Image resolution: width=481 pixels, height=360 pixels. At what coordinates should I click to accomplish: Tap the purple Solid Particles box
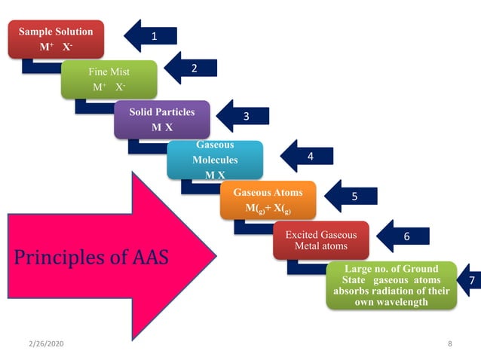pos(162,119)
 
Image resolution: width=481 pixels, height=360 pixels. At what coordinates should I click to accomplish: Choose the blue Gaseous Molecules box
pos(215,160)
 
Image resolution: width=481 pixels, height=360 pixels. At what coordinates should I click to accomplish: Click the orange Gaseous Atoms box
pos(268,200)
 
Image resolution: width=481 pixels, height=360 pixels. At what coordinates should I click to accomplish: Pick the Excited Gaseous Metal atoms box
pos(320,240)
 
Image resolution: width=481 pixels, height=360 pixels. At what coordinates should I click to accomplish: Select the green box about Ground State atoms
pos(391,285)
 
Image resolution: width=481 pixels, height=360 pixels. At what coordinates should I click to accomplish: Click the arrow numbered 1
pos(151,35)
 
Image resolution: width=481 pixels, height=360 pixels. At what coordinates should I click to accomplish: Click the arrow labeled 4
pos(306,157)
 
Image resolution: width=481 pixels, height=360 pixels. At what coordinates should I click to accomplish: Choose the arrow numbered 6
pos(403,236)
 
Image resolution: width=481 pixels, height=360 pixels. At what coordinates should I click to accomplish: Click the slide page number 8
pos(449,343)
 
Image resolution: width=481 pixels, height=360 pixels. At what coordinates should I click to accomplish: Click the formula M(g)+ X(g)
pos(268,207)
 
